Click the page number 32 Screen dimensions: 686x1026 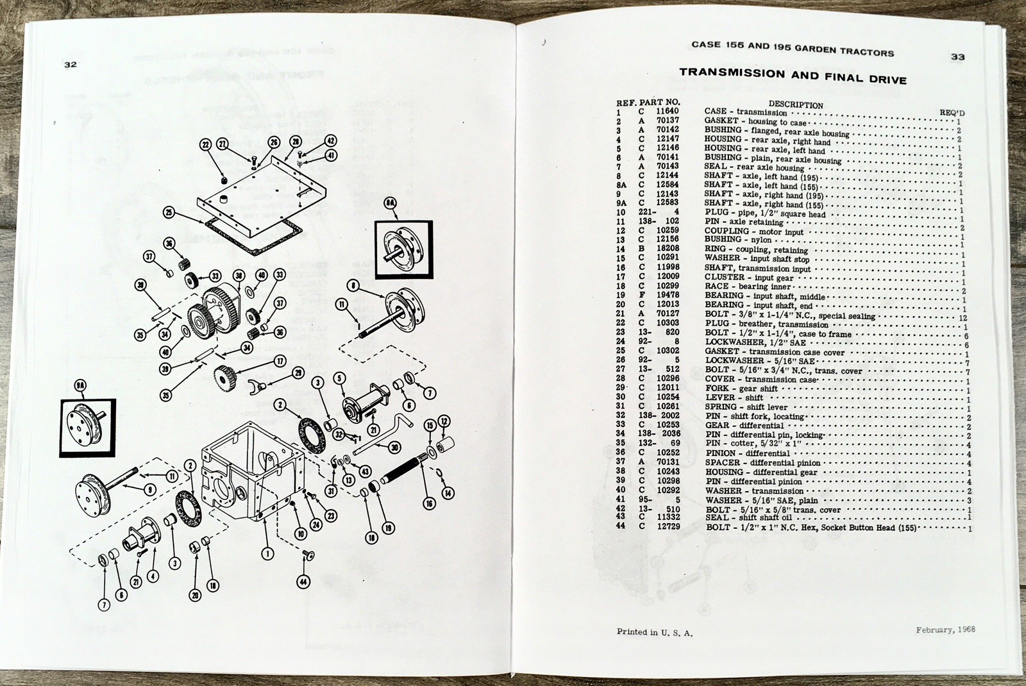[71, 65]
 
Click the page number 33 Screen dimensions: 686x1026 [957, 57]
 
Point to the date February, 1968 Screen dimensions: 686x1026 [945, 630]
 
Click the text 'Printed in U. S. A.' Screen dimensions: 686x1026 [654, 632]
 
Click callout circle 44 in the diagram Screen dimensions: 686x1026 [302, 582]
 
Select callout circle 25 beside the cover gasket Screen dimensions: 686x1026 [169, 213]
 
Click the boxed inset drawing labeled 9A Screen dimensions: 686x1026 [88, 428]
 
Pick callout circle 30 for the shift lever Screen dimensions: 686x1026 [394, 448]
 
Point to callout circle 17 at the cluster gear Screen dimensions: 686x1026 [280, 362]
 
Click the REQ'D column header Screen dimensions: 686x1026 [952, 113]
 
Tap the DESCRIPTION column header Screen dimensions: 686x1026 [795, 105]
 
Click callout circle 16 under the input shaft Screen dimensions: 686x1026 [428, 504]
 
